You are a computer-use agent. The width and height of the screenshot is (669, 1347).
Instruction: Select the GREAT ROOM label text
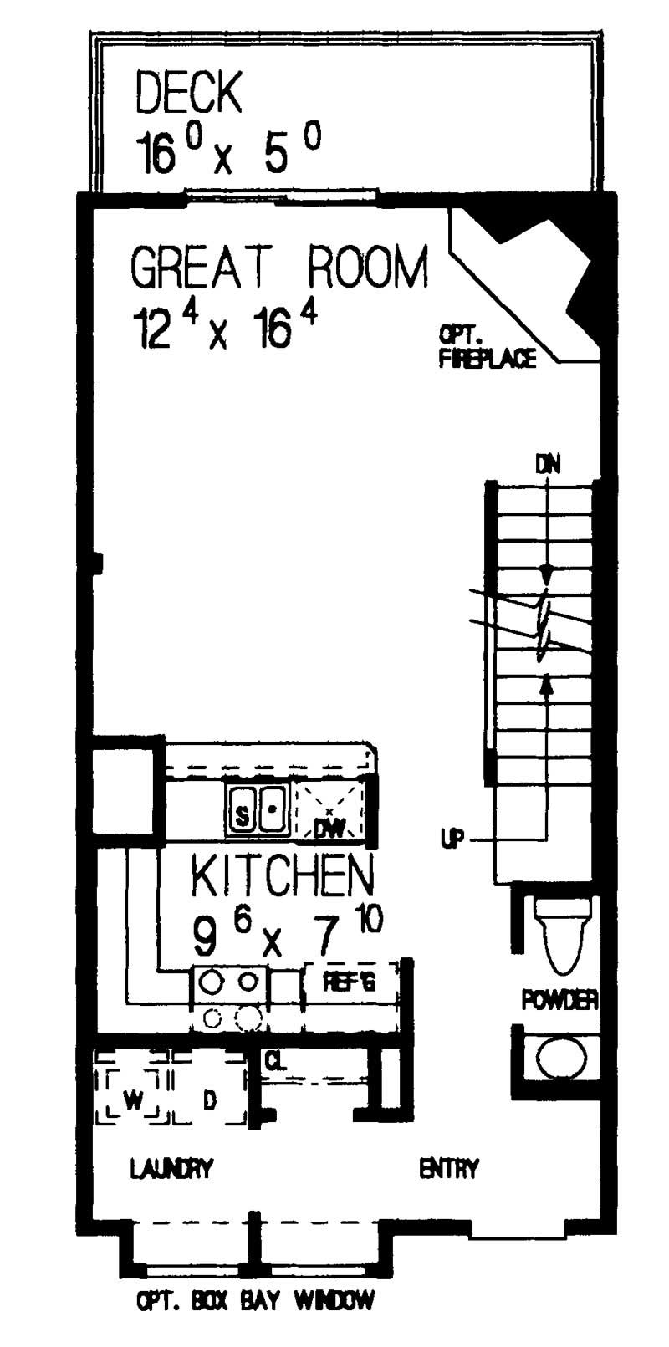point(279,268)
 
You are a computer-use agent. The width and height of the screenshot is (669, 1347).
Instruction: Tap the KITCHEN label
point(282,875)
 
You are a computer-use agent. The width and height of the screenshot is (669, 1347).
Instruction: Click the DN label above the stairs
point(548,463)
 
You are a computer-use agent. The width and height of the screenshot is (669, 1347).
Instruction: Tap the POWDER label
point(559,1000)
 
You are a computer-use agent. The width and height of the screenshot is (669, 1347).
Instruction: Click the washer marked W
point(132,1100)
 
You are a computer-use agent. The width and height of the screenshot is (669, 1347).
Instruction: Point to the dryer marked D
point(209,1100)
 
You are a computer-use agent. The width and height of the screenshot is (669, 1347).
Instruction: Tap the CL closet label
point(275,1062)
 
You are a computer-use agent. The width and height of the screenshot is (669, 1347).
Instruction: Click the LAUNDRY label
point(172,1168)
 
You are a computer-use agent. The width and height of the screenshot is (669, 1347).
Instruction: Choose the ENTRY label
point(449,1168)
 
